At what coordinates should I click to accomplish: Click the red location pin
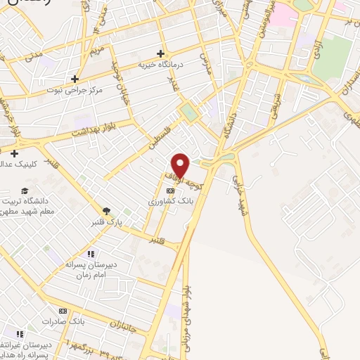point(181,165)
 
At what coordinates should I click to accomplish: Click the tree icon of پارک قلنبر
point(106,210)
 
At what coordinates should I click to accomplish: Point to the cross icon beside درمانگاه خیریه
point(161,53)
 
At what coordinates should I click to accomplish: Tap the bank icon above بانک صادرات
point(63,311)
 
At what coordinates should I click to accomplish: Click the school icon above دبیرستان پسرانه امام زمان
point(90,254)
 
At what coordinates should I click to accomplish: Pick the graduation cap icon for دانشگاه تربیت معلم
point(25,191)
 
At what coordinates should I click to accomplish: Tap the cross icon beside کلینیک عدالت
point(14,153)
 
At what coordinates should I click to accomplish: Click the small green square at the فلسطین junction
point(188,111)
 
